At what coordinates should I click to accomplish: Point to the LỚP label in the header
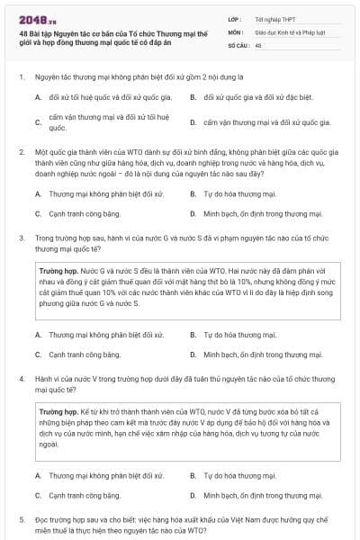click(x=236, y=17)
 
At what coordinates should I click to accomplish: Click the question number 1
click(x=21, y=77)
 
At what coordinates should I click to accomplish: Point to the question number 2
click(x=21, y=153)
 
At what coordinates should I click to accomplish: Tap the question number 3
click(x=21, y=238)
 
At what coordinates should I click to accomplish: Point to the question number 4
click(x=21, y=379)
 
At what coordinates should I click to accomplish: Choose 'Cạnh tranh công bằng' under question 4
click(x=84, y=495)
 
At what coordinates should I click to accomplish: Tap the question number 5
click(x=21, y=519)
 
